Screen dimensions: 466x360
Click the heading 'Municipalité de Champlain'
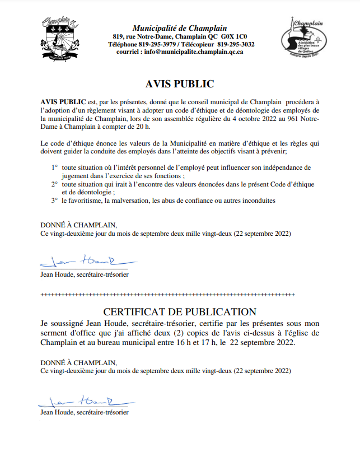pos(180,28)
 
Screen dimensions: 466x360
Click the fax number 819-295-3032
pos(235,44)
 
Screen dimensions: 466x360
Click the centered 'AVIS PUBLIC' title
pos(180,84)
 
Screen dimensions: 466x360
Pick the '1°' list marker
pos(55,167)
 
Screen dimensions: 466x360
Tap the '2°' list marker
pos(55,184)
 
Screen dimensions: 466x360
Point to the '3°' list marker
pos(55,200)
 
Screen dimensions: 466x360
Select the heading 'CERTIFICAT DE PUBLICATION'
pos(180,312)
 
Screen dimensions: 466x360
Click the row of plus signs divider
pos(180,293)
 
